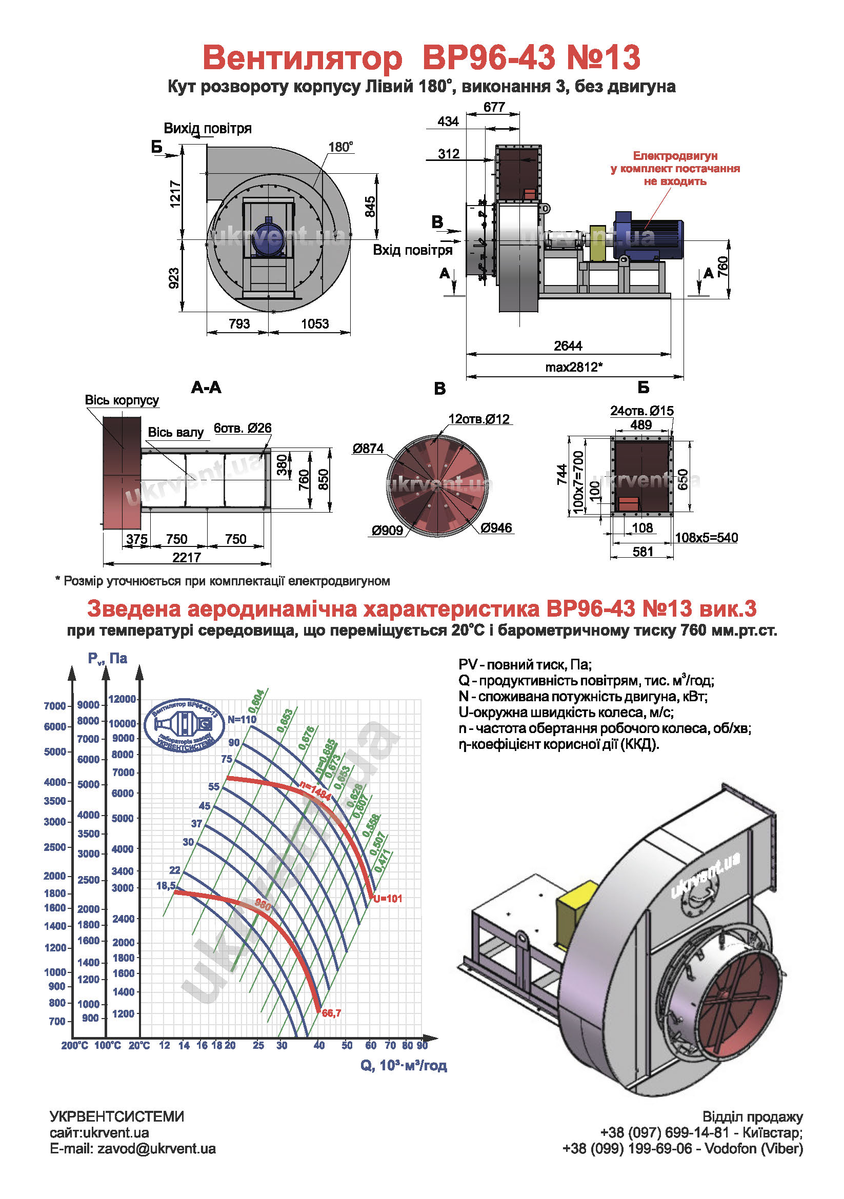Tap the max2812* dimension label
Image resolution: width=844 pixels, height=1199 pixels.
(573, 367)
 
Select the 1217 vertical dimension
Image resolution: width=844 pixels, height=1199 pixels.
(175, 194)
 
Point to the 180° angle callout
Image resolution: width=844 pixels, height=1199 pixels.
(340, 147)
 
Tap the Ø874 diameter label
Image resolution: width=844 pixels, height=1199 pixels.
(368, 449)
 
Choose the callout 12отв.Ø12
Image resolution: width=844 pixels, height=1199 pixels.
(478, 419)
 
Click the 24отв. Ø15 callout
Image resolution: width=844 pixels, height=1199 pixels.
(641, 411)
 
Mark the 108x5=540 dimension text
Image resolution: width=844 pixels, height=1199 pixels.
(706, 537)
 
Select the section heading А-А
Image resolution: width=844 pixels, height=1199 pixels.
(206, 388)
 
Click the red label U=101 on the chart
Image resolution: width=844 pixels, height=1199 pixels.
(388, 899)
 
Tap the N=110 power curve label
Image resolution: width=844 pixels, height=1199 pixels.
(242, 719)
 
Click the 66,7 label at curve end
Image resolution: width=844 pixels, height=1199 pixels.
(331, 1013)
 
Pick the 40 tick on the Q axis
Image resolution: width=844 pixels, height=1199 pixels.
(319, 1045)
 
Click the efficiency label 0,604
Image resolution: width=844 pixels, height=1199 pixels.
(256, 702)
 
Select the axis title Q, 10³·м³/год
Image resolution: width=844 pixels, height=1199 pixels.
(403, 1065)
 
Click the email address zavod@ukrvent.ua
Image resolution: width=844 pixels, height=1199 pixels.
(156, 1148)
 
